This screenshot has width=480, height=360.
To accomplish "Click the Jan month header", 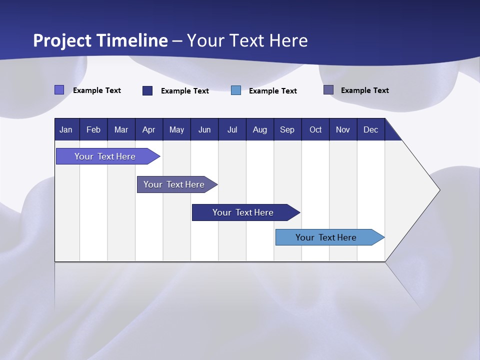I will [66, 130].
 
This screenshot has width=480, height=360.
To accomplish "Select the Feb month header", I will [93, 130].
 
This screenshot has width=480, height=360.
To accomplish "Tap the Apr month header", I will [148, 130].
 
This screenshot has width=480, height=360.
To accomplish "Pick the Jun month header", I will [204, 130].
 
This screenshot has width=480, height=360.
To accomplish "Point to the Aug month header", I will [259, 130].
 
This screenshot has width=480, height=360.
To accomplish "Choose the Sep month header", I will [287, 130].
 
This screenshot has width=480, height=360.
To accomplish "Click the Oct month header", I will [315, 130].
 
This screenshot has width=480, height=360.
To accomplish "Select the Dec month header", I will [370, 130].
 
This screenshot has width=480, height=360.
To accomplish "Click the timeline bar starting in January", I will [105, 156].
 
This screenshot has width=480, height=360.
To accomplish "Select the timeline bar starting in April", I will [174, 184].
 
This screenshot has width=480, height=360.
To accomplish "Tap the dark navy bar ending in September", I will [243, 212].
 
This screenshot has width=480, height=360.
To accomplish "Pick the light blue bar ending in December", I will [326, 237].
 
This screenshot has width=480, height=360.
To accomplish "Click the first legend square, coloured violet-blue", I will [59, 90].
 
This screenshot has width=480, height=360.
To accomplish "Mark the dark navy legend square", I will [147, 90].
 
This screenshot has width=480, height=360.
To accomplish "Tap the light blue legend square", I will [236, 90].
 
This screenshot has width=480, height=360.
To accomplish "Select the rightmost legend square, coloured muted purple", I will [328, 90].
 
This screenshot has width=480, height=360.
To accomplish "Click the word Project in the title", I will [61, 41].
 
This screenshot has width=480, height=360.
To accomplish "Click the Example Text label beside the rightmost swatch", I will [364, 90].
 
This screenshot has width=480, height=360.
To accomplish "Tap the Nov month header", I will [342, 130].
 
